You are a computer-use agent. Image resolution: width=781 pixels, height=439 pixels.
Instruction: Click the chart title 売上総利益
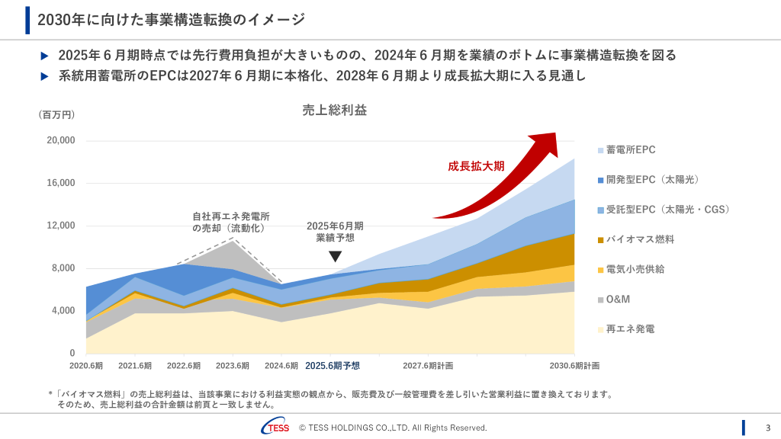335,111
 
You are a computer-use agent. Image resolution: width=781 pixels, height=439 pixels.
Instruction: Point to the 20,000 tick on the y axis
61,140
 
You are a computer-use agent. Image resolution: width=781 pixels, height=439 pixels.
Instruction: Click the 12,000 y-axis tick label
61,226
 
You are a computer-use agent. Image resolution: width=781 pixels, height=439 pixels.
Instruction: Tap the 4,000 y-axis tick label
63,311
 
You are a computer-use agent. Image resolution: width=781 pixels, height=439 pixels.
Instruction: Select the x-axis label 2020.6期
86,366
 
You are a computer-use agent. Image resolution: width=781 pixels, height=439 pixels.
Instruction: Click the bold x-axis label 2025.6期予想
332,366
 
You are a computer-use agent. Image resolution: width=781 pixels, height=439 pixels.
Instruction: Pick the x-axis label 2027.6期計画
428,366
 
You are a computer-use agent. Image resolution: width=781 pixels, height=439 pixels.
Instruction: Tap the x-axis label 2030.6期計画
574,366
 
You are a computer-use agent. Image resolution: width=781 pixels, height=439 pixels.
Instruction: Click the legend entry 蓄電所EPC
630,150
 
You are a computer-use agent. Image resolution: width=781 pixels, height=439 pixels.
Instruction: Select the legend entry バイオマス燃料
640,239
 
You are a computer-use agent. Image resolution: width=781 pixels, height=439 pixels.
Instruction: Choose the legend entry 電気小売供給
635,269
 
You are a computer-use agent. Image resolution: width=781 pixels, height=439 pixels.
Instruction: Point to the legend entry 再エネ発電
630,329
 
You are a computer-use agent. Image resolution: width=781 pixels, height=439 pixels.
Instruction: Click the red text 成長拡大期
476,166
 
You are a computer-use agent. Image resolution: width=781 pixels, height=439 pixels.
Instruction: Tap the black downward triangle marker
335,257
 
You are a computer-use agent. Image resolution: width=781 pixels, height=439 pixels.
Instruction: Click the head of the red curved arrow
545,143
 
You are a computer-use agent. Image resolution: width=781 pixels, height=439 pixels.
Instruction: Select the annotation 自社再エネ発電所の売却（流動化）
230,223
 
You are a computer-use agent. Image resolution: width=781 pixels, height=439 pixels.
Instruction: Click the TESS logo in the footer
275,428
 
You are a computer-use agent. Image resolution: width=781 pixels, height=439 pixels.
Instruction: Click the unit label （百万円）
56,115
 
